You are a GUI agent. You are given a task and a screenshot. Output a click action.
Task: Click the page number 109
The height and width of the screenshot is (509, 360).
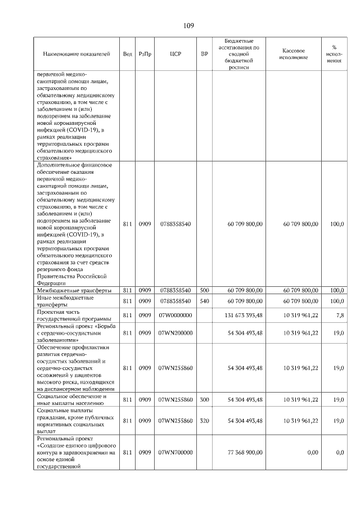(189, 25)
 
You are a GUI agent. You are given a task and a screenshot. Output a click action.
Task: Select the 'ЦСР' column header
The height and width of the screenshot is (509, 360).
(174, 54)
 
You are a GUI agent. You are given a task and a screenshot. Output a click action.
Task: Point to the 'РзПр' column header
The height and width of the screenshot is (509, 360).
(145, 54)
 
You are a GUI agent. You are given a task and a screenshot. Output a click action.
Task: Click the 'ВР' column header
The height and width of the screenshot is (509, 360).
(204, 54)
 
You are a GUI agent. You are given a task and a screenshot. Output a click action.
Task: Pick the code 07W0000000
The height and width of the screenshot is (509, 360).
(175, 316)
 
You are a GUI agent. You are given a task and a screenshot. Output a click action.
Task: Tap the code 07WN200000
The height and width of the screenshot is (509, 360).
(175, 332)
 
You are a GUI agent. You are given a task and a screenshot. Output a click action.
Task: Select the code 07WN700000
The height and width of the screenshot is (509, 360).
(175, 452)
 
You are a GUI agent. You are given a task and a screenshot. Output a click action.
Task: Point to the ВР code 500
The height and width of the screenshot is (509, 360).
(204, 290)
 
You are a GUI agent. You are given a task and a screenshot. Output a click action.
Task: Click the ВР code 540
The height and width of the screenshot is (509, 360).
(204, 301)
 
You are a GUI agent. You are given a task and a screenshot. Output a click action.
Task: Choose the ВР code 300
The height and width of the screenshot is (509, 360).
(204, 400)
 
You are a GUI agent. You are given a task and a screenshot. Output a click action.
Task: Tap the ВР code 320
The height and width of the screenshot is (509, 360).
(204, 420)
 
